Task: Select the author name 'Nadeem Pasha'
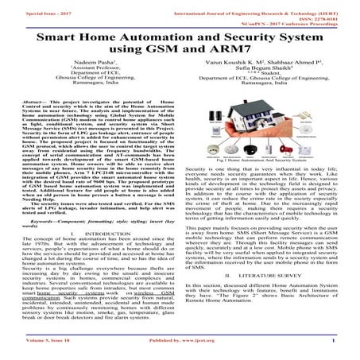93,72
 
